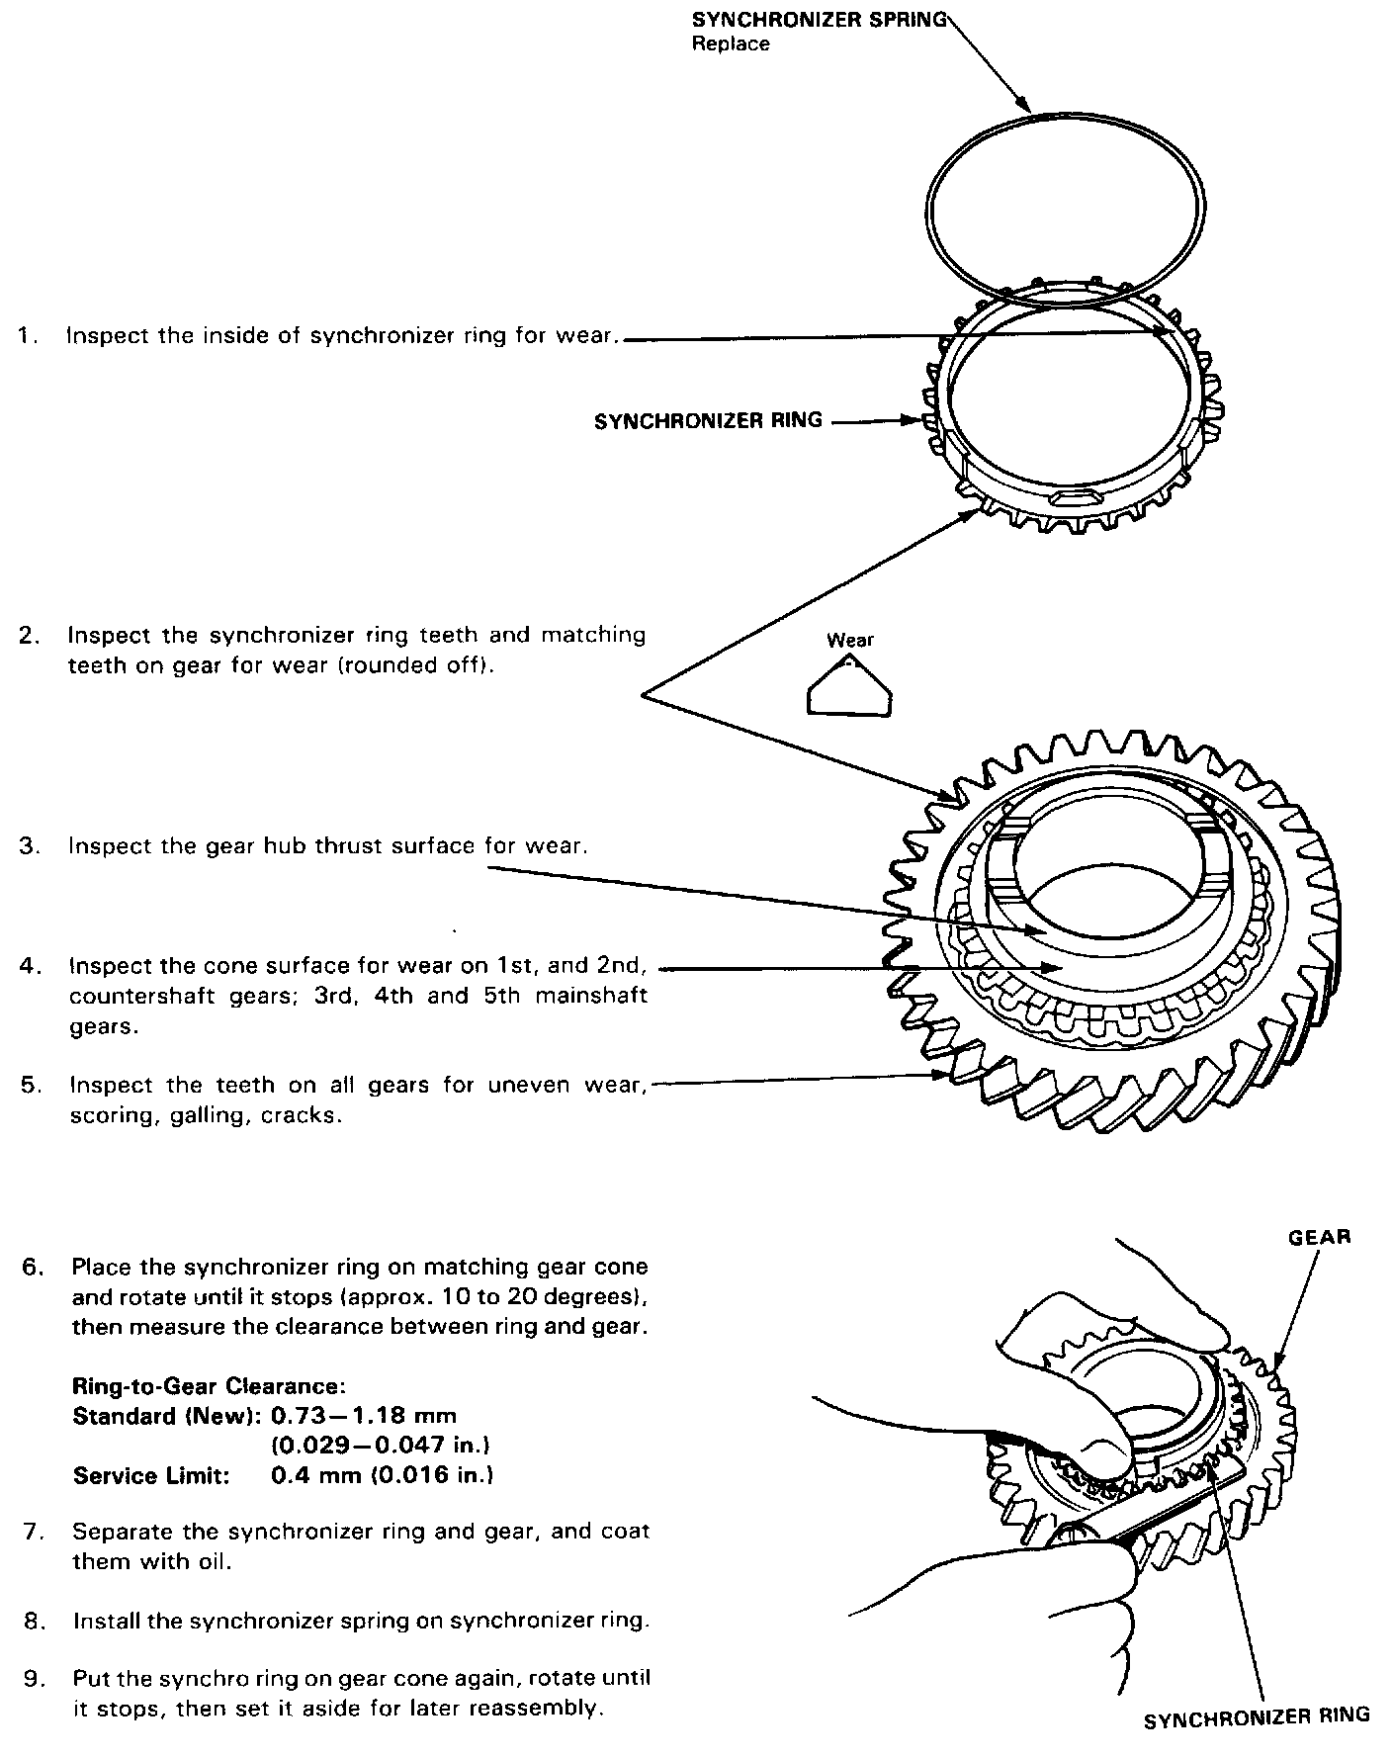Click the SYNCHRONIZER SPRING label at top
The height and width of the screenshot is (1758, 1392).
(x=820, y=21)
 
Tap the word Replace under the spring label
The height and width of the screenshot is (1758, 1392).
(x=730, y=44)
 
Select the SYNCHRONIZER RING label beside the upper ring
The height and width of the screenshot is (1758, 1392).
(x=708, y=420)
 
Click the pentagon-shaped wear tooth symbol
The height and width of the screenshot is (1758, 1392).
(x=850, y=688)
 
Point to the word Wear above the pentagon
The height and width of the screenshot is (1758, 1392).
(x=850, y=640)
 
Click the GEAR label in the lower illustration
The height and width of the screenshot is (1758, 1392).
(x=1319, y=1236)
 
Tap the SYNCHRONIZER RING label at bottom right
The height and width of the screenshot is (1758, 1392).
(x=1256, y=1716)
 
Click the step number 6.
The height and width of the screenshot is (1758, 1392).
(x=33, y=1267)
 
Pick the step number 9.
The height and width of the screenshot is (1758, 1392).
(x=34, y=1678)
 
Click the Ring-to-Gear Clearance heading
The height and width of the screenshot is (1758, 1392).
(x=209, y=1386)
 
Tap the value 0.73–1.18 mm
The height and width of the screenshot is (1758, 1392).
(x=363, y=1416)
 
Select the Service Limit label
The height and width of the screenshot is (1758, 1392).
(x=151, y=1475)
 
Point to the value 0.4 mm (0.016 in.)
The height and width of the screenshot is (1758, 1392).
(x=382, y=1475)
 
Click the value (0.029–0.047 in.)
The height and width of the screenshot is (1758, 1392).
(x=381, y=1446)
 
